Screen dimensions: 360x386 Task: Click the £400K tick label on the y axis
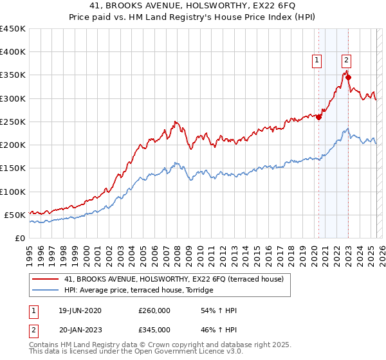[x=13, y=52]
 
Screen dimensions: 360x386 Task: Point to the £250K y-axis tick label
[x=13, y=122]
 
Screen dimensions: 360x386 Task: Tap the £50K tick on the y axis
[x=15, y=215]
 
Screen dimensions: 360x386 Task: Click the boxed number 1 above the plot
[x=317, y=61]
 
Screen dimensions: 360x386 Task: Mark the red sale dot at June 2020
[x=318, y=117]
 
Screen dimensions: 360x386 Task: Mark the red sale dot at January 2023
[x=348, y=78]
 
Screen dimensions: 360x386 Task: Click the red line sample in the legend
[x=45, y=279]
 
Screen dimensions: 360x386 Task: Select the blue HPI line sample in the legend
[x=45, y=291]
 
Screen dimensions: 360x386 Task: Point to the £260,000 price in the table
[x=154, y=310]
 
